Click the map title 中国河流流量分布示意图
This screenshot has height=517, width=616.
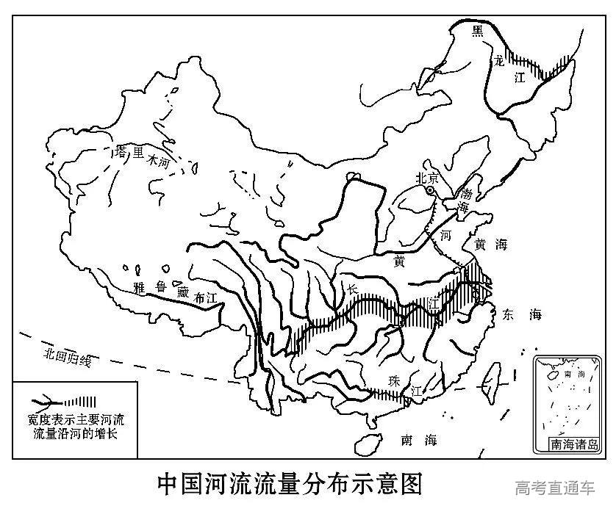coord(290,484)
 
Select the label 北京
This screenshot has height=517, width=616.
coord(427,178)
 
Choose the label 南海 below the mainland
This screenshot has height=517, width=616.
coord(419,440)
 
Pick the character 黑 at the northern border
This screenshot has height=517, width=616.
coord(478,30)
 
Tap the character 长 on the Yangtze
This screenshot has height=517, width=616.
coord(353,291)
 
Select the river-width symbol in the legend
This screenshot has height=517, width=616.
coord(66,402)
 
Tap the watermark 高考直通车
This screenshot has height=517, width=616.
coord(555,487)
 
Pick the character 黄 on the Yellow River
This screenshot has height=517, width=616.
coord(399,261)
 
